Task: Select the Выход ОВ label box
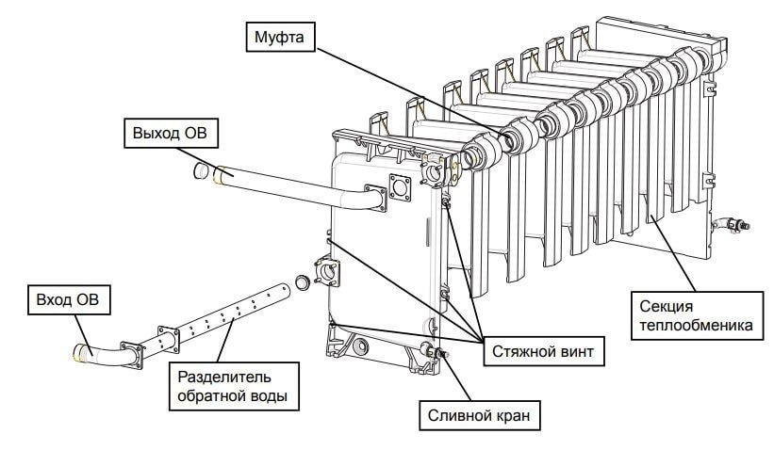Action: (x=170, y=134)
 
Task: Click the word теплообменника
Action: (x=693, y=327)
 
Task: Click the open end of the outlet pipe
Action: (x=201, y=170)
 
